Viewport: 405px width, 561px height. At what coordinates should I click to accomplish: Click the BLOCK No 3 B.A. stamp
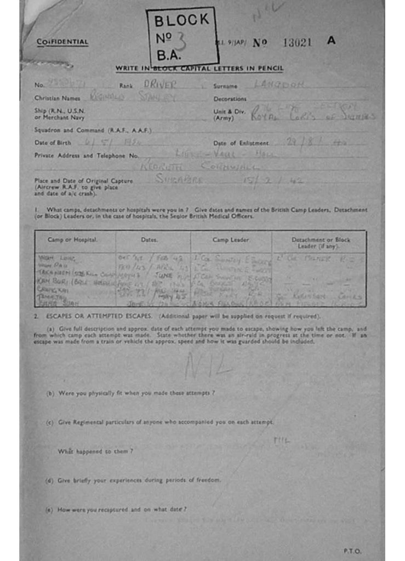(x=182, y=37)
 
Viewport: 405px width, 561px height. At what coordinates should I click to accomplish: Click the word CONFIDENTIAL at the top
(x=62, y=42)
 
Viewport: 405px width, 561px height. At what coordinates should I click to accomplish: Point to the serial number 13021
(x=297, y=42)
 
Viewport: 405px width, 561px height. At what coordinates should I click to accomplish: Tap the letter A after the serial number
(x=331, y=41)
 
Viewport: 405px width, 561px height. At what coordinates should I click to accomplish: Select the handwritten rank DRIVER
(x=159, y=84)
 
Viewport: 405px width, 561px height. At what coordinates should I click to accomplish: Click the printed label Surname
(x=225, y=86)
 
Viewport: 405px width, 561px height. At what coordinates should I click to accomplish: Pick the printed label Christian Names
(x=57, y=99)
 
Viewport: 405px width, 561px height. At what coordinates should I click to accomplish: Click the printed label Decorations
(x=230, y=99)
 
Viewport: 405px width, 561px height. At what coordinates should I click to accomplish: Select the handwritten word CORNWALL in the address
(x=221, y=166)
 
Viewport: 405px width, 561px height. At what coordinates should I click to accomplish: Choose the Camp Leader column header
(x=231, y=240)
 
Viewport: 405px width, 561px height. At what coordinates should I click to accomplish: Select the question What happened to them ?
(x=95, y=451)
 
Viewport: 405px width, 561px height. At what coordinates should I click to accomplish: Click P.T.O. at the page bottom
(x=352, y=551)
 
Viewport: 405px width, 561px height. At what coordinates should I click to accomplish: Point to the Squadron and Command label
(x=93, y=130)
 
